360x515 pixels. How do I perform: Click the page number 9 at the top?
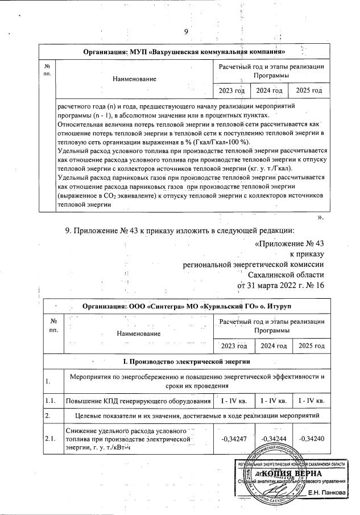coord(185,31)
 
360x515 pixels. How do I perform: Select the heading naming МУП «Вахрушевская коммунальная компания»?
coord(184,53)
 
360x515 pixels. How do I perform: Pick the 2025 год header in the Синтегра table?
coord(310,345)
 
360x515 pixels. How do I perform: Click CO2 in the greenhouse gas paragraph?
coord(107,196)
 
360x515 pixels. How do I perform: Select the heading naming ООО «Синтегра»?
coord(184,305)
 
